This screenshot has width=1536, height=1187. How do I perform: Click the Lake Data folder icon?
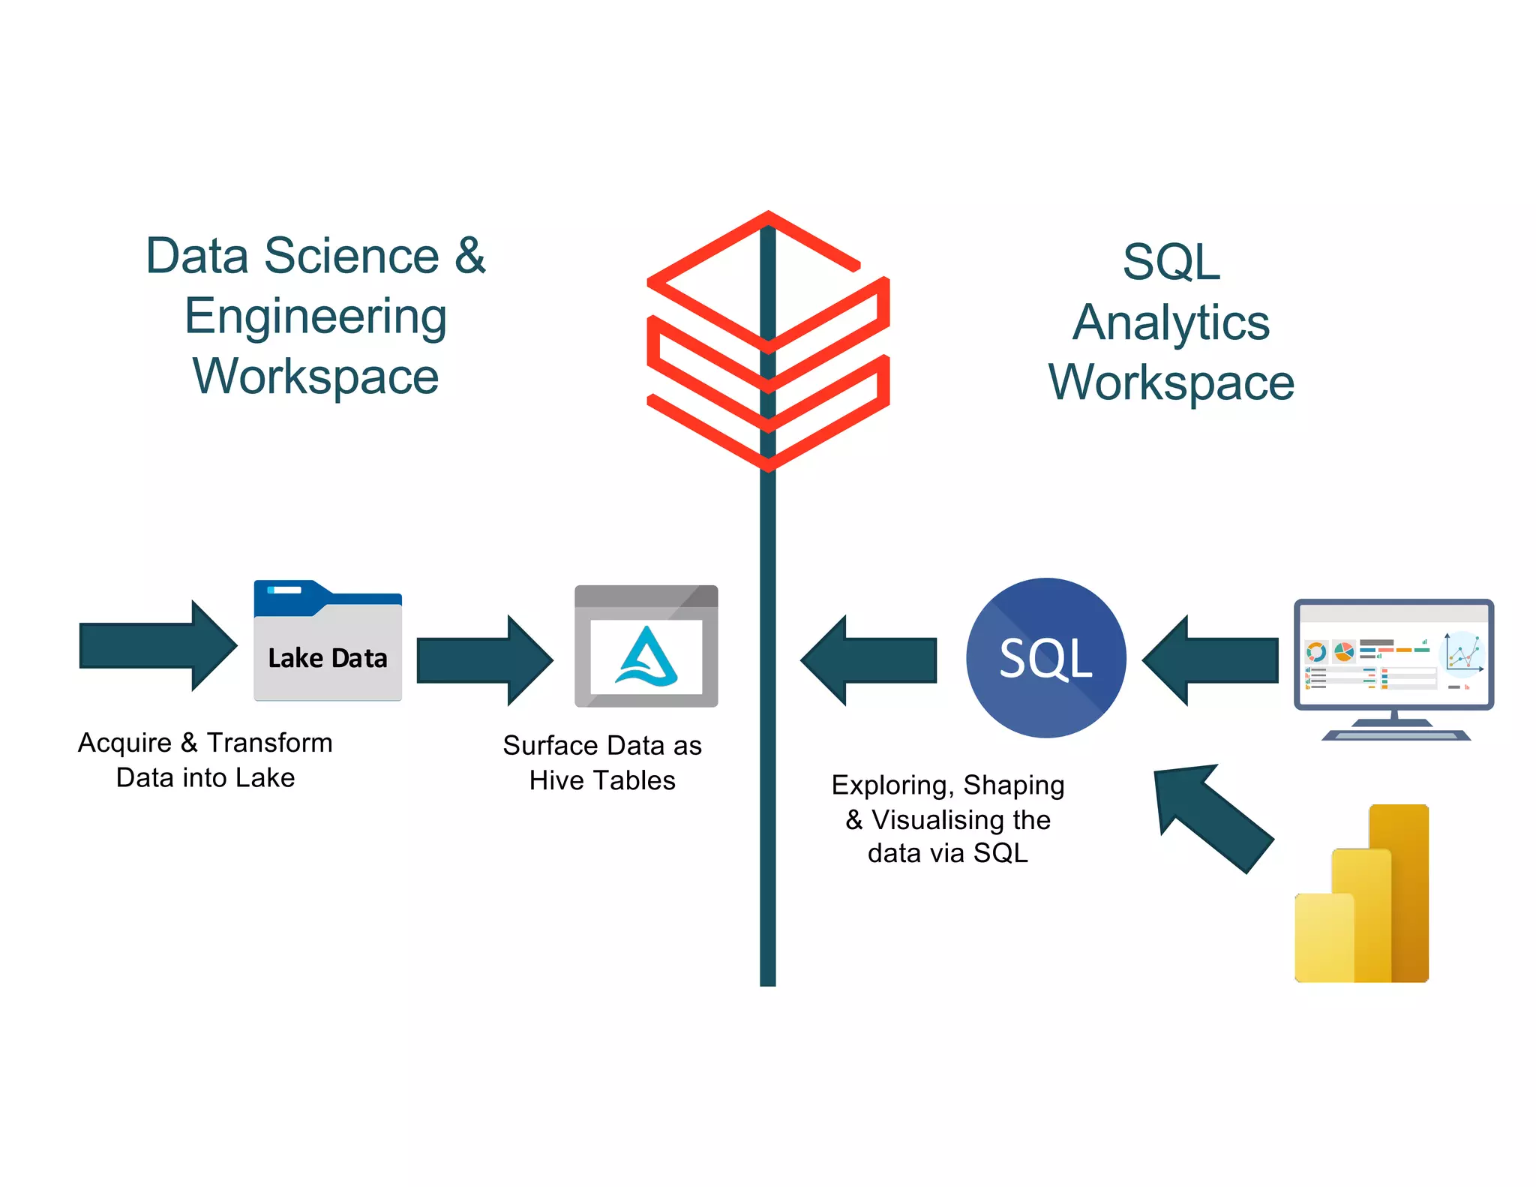(x=328, y=642)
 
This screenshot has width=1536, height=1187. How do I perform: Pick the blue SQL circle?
(x=1045, y=658)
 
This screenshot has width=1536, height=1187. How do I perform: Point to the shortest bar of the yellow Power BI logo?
(x=1323, y=938)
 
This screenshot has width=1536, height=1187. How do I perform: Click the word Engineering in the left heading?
(x=316, y=316)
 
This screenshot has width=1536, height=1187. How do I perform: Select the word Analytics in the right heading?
(x=1171, y=323)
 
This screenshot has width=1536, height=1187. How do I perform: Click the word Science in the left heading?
(x=352, y=256)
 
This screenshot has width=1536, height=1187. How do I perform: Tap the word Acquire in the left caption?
(x=124, y=743)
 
